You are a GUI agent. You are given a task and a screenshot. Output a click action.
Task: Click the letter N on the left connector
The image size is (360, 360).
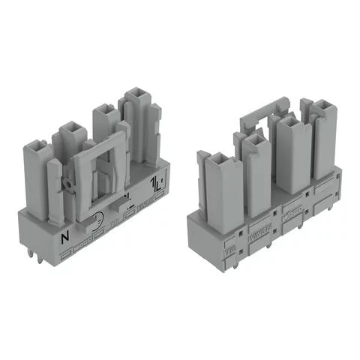64,238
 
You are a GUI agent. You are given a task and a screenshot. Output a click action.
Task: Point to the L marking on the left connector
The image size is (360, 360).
157,183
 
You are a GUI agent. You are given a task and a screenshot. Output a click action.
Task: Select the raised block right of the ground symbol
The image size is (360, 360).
121,206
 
